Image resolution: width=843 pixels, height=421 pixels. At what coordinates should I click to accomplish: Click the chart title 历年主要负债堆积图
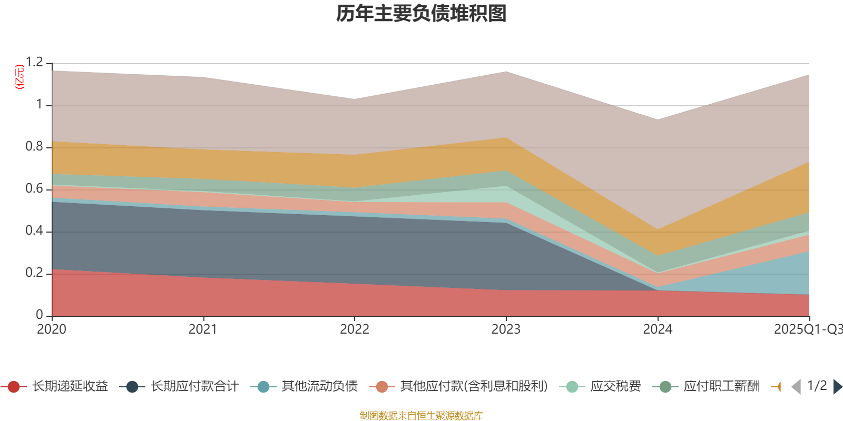[x=421, y=14]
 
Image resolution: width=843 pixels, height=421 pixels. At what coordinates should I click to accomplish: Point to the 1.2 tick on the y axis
[x=34, y=63]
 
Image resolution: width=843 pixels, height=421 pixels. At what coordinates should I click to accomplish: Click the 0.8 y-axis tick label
[x=34, y=147]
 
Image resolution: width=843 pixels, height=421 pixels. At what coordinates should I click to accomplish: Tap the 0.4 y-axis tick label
[x=34, y=231]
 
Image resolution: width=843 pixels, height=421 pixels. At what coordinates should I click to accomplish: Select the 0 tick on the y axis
[x=40, y=315]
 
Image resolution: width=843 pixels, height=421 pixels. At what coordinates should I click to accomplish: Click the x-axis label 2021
[x=203, y=329]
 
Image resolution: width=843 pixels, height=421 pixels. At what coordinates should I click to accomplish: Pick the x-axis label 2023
[x=506, y=329]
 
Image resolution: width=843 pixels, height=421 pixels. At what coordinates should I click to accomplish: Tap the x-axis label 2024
[x=658, y=329]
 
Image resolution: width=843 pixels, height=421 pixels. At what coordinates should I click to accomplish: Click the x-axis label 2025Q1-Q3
[x=807, y=329]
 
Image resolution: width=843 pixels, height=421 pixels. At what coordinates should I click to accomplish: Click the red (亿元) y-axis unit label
[x=19, y=77]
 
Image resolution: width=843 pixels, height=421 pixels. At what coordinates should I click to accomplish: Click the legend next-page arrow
[x=837, y=387]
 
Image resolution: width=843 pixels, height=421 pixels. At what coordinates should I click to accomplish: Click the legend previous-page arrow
[x=796, y=387]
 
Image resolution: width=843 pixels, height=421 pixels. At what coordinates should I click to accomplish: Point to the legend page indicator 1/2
[x=817, y=386]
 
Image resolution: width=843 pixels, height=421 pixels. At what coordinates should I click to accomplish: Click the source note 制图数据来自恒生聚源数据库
[x=421, y=416]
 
